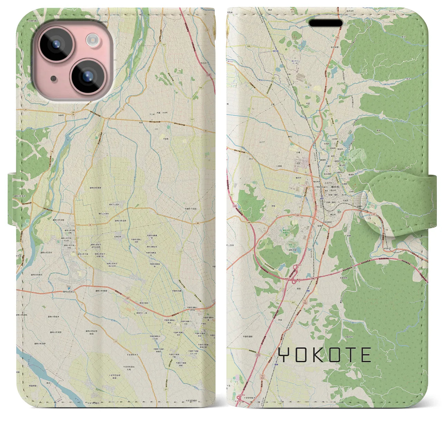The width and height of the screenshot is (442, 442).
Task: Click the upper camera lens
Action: click(56, 46)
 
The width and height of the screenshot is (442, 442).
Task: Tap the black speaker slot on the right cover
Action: click(326, 23)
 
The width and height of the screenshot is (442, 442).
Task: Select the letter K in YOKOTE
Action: click(320, 355)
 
